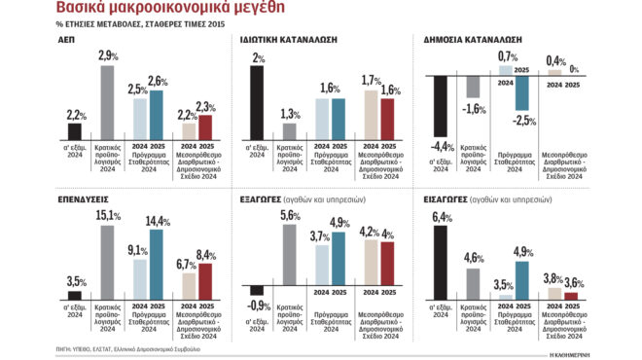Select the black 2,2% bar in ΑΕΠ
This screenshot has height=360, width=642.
tap(74, 131)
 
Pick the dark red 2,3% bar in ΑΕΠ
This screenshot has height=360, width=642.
tap(204, 127)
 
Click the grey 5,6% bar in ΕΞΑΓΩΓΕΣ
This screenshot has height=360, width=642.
tap(289, 259)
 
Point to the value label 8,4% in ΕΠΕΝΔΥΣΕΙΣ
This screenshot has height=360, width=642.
tap(205, 255)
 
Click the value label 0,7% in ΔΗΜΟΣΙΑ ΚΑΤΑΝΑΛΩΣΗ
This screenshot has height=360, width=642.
tap(507, 55)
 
